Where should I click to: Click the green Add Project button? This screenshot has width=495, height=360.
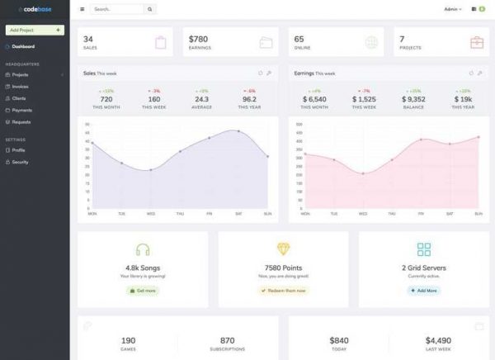point(35,30)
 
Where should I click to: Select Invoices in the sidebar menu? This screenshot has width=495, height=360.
point(21,86)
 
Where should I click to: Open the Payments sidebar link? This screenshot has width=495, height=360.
point(22,110)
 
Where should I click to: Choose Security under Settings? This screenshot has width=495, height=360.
point(21,162)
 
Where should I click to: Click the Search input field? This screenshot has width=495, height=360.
point(116,10)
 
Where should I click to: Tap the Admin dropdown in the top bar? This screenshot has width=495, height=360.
point(452,10)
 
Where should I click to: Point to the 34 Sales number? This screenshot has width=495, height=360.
point(88,39)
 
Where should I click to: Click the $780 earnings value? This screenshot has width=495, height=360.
point(199,39)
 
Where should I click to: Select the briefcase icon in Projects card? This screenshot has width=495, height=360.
point(477,42)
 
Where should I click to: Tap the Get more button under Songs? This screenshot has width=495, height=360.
point(143,291)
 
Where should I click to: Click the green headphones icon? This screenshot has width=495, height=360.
point(143,249)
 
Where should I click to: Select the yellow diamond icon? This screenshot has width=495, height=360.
point(283,249)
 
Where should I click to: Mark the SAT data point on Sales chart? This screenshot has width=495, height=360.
point(238,130)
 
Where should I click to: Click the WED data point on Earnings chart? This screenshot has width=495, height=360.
point(363,173)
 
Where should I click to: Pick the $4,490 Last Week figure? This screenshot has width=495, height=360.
point(439,339)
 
